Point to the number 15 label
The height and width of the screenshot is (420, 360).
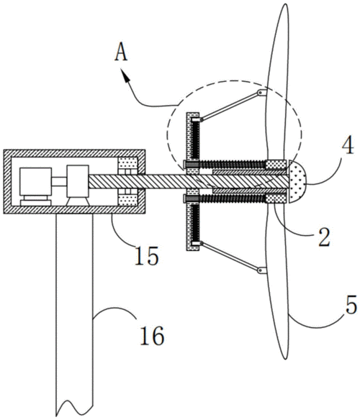pyautogui.click(x=146, y=255)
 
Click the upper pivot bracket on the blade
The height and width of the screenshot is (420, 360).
pyautogui.click(x=262, y=93)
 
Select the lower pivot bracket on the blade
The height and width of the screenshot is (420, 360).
pyautogui.click(x=262, y=270)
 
